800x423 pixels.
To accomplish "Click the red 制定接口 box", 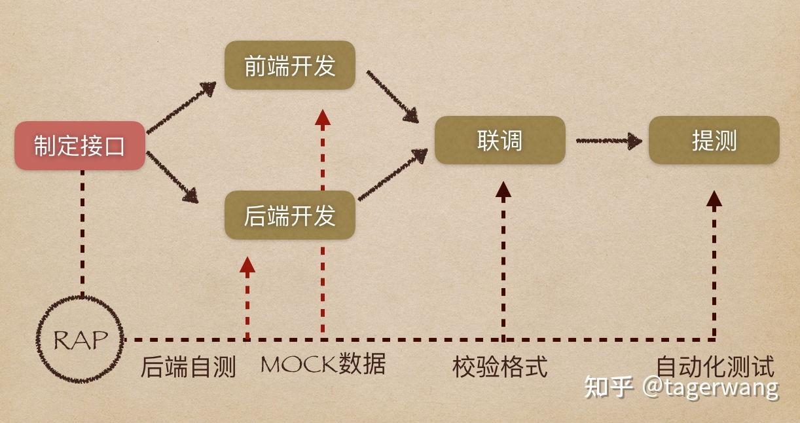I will [x=80, y=145].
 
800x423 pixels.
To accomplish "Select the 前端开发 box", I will [x=289, y=65].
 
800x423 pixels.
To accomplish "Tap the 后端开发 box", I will [x=289, y=215].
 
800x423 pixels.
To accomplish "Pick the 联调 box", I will [x=500, y=140].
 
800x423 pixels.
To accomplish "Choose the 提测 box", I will [x=714, y=140].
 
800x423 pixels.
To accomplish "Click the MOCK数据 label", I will [x=323, y=364].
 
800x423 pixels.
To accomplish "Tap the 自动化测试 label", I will [x=715, y=366].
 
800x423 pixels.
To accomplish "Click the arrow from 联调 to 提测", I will [x=608, y=140].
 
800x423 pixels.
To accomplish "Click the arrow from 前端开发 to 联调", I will [x=392, y=96].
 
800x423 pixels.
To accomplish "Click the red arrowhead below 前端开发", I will [x=322, y=118].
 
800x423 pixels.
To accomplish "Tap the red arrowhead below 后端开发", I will [x=247, y=265].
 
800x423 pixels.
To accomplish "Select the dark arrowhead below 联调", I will [x=503, y=191].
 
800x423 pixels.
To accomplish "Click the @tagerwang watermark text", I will [x=710, y=387].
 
